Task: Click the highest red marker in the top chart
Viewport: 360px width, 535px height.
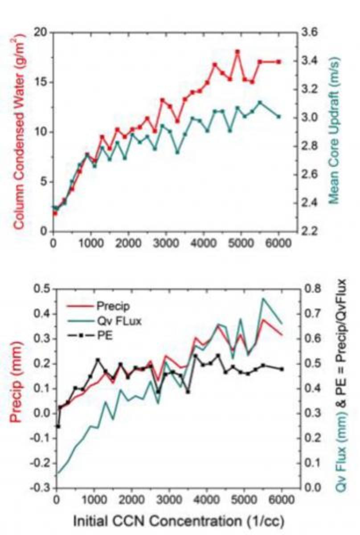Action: pos(237,52)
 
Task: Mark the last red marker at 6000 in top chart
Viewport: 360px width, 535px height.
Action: pos(279,62)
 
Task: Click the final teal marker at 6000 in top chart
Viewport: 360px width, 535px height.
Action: pos(279,116)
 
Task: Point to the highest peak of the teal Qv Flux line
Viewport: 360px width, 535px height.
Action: pos(263,299)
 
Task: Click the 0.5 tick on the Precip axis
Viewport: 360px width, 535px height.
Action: pos(41,289)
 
